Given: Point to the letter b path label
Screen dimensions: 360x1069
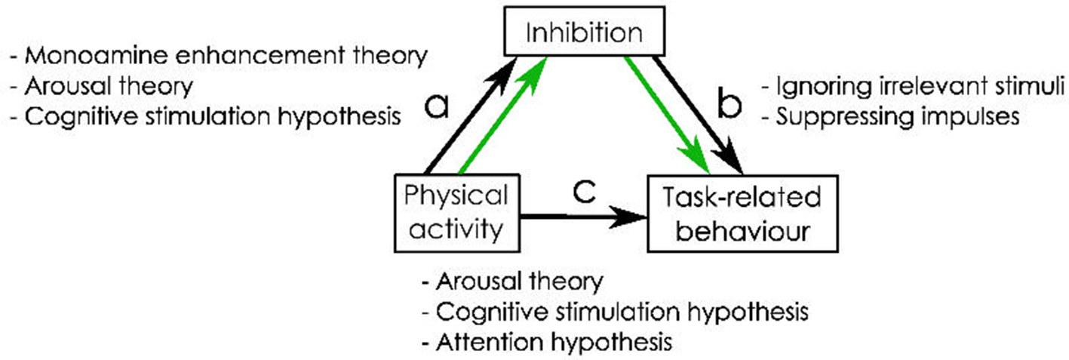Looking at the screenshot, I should pyautogui.click(x=728, y=108).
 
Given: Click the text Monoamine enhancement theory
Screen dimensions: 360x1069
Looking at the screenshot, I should pyautogui.click(x=219, y=56).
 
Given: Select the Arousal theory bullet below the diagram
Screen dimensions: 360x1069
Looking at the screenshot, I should pyautogui.click(x=512, y=282).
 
